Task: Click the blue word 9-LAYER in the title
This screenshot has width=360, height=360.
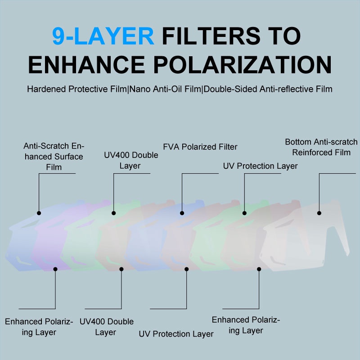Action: click(x=103, y=36)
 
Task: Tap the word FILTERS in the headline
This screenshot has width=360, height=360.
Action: click(x=211, y=36)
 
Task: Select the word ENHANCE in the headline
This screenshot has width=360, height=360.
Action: click(x=86, y=64)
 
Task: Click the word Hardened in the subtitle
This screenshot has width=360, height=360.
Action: click(x=47, y=89)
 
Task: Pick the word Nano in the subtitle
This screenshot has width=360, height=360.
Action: click(x=140, y=89)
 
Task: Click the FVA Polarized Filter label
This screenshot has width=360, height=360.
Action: click(x=200, y=147)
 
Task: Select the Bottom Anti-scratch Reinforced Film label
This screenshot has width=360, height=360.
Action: click(x=321, y=147)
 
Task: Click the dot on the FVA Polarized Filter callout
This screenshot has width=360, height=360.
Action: click(x=182, y=213)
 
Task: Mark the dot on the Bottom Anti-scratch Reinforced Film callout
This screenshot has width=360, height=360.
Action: click(x=319, y=213)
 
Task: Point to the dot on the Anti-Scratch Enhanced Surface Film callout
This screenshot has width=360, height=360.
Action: click(x=39, y=213)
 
